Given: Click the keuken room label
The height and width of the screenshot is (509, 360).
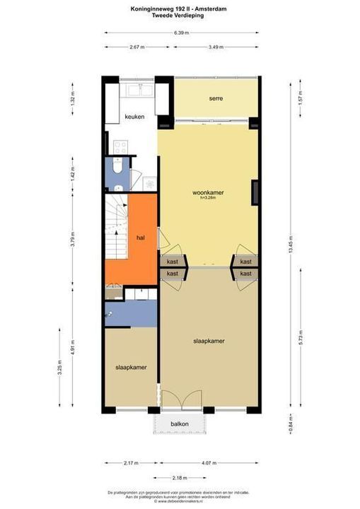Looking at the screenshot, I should pos(134,117).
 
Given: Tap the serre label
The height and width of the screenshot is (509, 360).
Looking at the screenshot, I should pos(216,98).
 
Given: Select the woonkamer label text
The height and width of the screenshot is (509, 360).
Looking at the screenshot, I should pos(207,192).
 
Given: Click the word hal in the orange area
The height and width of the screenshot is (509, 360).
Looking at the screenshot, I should pos(140,238).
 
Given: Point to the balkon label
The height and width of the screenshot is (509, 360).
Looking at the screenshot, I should pos(180,424).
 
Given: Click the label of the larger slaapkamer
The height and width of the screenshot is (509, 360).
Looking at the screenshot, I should pos(209,341).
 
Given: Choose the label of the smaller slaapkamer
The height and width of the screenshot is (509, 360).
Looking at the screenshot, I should pos(131,368).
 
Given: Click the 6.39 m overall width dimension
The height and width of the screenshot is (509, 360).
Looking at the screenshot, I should pos(180,33).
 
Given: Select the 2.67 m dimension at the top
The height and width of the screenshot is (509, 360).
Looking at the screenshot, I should pos(137,47).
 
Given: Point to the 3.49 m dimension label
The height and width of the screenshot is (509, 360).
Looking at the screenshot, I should pos(216,47).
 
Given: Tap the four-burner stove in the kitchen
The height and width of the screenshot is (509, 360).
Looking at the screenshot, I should pos(120,147).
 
